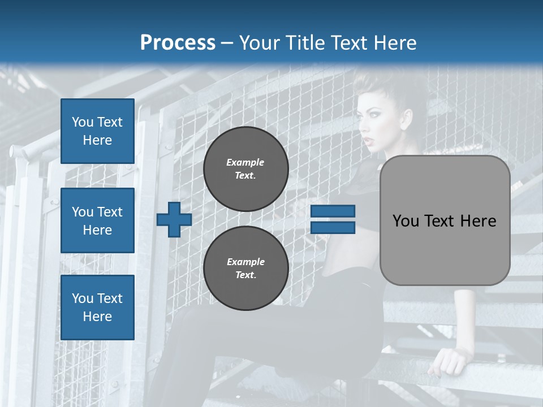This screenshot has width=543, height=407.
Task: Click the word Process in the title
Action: coord(178,43)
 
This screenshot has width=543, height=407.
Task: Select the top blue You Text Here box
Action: coord(97,131)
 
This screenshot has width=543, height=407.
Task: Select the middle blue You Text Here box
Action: coord(97,220)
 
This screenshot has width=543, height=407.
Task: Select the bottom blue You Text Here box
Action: coord(97,308)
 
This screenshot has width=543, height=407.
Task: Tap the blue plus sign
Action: coord(174,219)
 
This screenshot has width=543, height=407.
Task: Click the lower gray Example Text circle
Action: coord(246,269)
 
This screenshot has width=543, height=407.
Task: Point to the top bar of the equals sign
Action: coord(333,211)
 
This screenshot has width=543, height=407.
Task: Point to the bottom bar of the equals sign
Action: coord(333,228)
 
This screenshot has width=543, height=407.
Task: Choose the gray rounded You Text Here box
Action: coord(445,220)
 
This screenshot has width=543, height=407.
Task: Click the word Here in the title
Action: coord(394,43)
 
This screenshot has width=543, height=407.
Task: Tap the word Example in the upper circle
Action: coord(245,162)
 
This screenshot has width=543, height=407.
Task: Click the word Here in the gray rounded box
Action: coord(478,221)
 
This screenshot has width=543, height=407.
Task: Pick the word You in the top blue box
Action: coord(82,122)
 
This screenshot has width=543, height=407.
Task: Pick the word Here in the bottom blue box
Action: coord(97,317)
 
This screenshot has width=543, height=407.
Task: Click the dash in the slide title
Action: coord(227,43)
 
